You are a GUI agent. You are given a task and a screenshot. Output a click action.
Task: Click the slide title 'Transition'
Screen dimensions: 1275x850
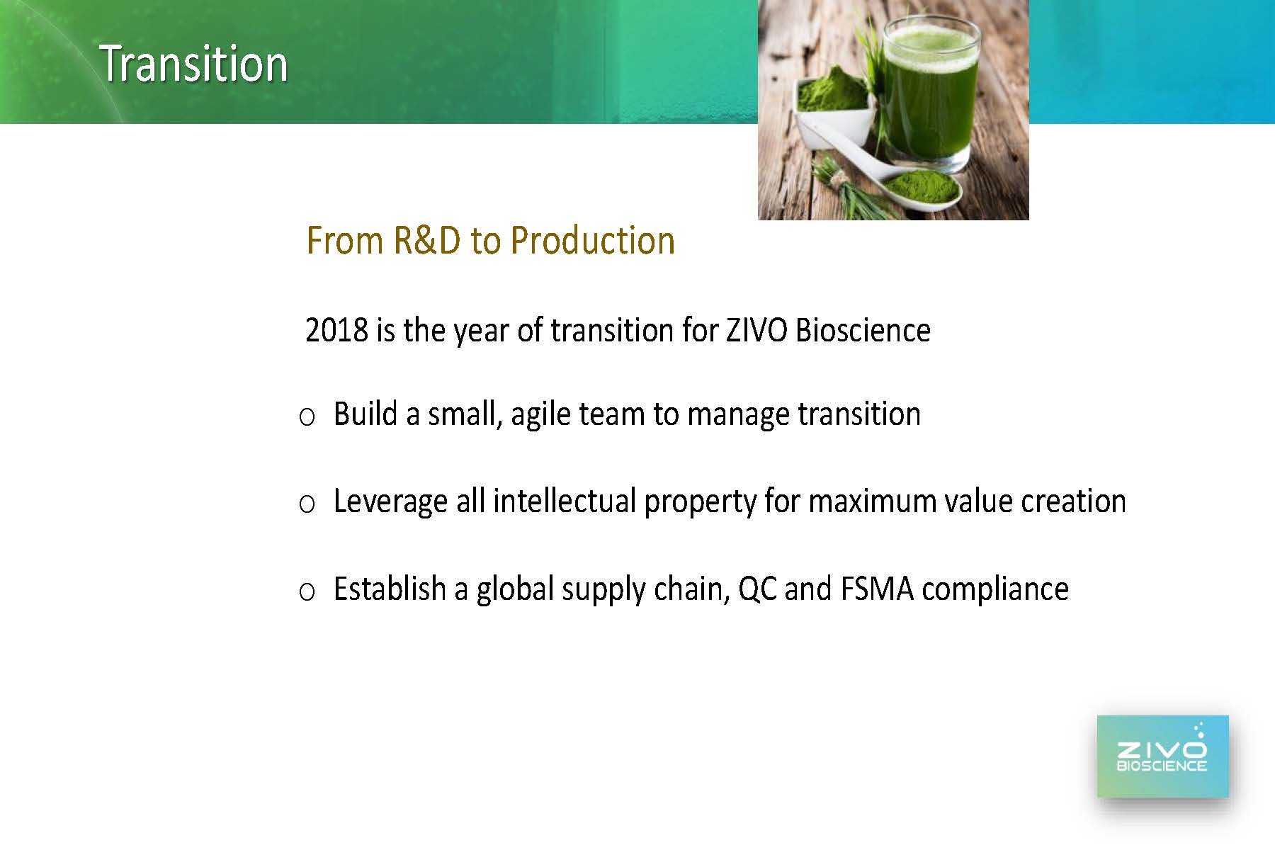pyautogui.click(x=193, y=64)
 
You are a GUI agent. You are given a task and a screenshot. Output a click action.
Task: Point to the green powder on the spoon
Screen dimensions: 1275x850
pyautogui.click(x=920, y=186)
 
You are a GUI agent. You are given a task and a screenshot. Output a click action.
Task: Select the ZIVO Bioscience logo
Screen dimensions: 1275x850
pyautogui.click(x=1162, y=756)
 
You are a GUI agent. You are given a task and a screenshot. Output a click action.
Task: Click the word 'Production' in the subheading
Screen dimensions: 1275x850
pyautogui.click(x=592, y=240)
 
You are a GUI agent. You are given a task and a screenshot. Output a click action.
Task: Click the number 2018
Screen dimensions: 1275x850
pyautogui.click(x=336, y=330)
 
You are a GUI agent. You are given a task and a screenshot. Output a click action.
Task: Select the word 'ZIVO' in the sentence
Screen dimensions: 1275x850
pyautogui.click(x=756, y=330)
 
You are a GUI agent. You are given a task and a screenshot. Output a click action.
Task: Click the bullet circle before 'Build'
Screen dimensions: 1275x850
pyautogui.click(x=307, y=417)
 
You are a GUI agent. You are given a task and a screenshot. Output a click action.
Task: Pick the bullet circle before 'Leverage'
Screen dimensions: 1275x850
pyautogui.click(x=307, y=504)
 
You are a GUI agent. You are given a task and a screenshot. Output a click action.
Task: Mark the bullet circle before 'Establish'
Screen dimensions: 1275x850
pyautogui.click(x=307, y=591)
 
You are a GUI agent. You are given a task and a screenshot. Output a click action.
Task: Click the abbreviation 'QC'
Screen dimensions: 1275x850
pyautogui.click(x=757, y=589)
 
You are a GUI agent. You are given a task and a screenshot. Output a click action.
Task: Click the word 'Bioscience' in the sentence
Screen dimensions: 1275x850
pyautogui.click(x=863, y=330)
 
